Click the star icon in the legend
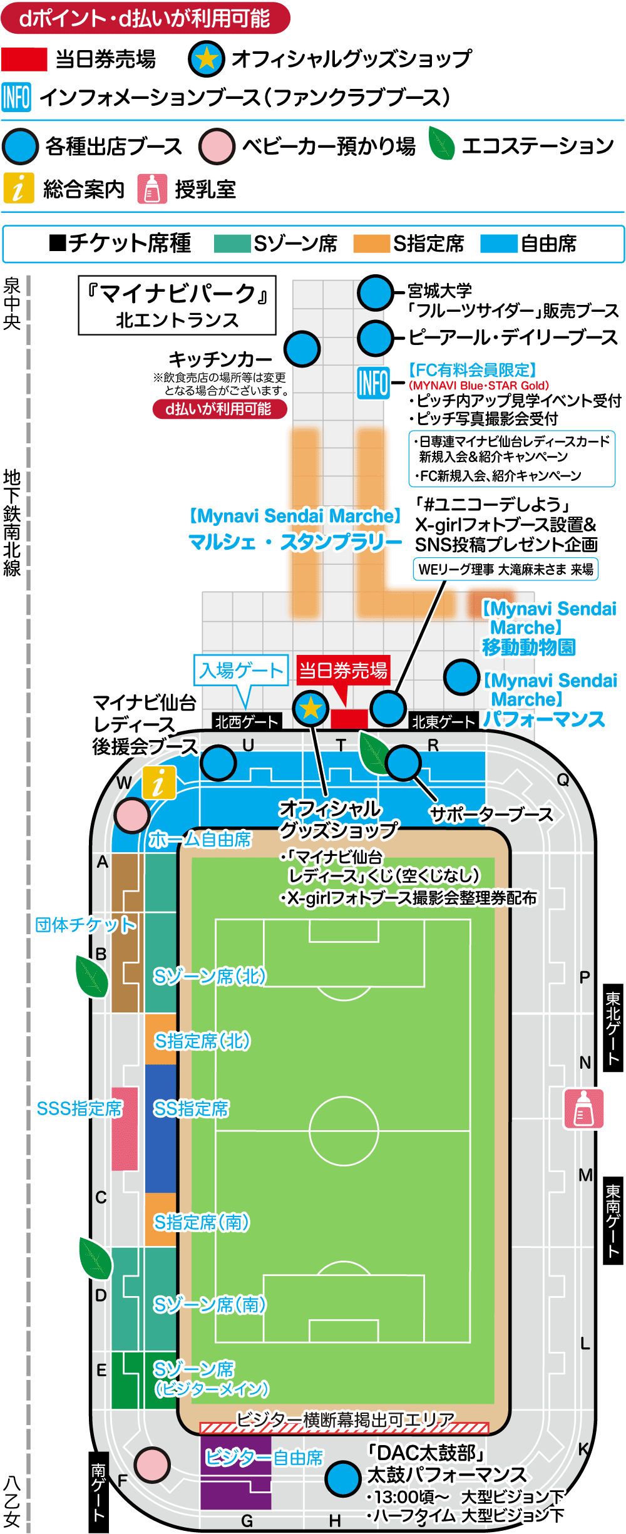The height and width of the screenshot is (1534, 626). point(207,59)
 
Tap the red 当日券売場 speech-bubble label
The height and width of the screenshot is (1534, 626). point(343,671)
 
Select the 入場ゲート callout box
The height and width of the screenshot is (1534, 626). point(241,671)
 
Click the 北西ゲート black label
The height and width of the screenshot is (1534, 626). point(247,722)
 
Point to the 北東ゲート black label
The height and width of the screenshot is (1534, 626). point(443,722)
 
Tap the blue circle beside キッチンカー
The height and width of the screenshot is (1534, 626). point(302,349)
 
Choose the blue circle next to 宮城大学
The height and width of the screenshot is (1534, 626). point(376,292)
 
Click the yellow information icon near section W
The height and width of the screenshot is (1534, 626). point(159,783)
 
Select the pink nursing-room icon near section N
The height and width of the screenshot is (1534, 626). point(583,1108)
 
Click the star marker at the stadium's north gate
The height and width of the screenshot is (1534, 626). point(310,709)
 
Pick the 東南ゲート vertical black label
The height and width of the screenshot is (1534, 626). point(613,1221)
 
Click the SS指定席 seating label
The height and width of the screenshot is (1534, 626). point(192,1109)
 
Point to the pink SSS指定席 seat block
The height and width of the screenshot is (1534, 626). point(125,1135)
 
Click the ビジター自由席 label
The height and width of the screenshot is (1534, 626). point(264,1458)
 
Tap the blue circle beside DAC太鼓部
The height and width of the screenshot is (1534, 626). point(343,1479)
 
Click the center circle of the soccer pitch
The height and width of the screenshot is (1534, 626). point(344,1131)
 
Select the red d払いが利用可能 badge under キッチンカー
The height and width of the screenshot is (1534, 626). point(220,409)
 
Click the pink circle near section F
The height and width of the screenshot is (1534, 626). point(151,1465)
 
